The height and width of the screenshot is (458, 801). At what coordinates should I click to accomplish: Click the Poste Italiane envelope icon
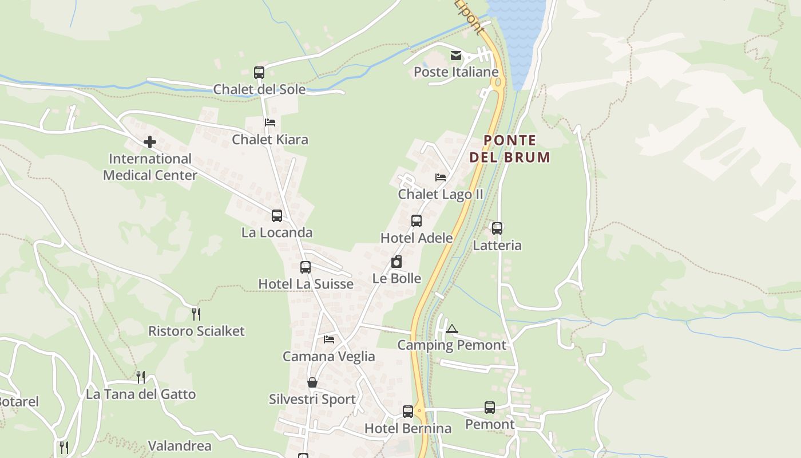pos(456,56)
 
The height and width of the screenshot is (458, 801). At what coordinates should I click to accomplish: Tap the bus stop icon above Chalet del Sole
pos(259,73)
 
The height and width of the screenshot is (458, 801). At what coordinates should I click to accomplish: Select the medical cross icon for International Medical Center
pos(150,142)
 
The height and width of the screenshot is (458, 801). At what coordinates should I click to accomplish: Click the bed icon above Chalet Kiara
pos(270,123)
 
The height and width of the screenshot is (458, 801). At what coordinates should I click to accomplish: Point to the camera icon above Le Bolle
pos(396,262)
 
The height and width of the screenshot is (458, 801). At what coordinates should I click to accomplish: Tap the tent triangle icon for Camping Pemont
pos(452,329)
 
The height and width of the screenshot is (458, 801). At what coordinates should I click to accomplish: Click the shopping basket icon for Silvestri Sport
pos(312,382)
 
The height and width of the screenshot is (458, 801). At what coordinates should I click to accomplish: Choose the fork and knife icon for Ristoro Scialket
pos(196,314)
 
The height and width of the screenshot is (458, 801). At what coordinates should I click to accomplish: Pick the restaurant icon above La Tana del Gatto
pos(140,377)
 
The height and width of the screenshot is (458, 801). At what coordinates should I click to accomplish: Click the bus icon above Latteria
pos(497,228)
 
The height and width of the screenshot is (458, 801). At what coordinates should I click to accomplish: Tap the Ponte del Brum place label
pos(510,149)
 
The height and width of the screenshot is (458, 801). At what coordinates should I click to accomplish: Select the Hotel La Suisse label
pos(306,284)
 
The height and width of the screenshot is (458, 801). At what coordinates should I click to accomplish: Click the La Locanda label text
pos(277,232)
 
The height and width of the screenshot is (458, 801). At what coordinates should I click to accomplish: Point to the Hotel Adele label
pos(417,238)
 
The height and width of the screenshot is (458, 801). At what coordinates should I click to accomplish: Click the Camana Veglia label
pos(329,357)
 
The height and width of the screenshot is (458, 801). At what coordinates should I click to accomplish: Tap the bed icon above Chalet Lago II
pos(440,177)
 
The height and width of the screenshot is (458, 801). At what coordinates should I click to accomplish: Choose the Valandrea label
pos(180,446)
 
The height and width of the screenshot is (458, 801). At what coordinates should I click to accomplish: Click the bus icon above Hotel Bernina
pos(408,412)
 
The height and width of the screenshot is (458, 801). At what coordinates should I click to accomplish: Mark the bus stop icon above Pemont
pos(490,408)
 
